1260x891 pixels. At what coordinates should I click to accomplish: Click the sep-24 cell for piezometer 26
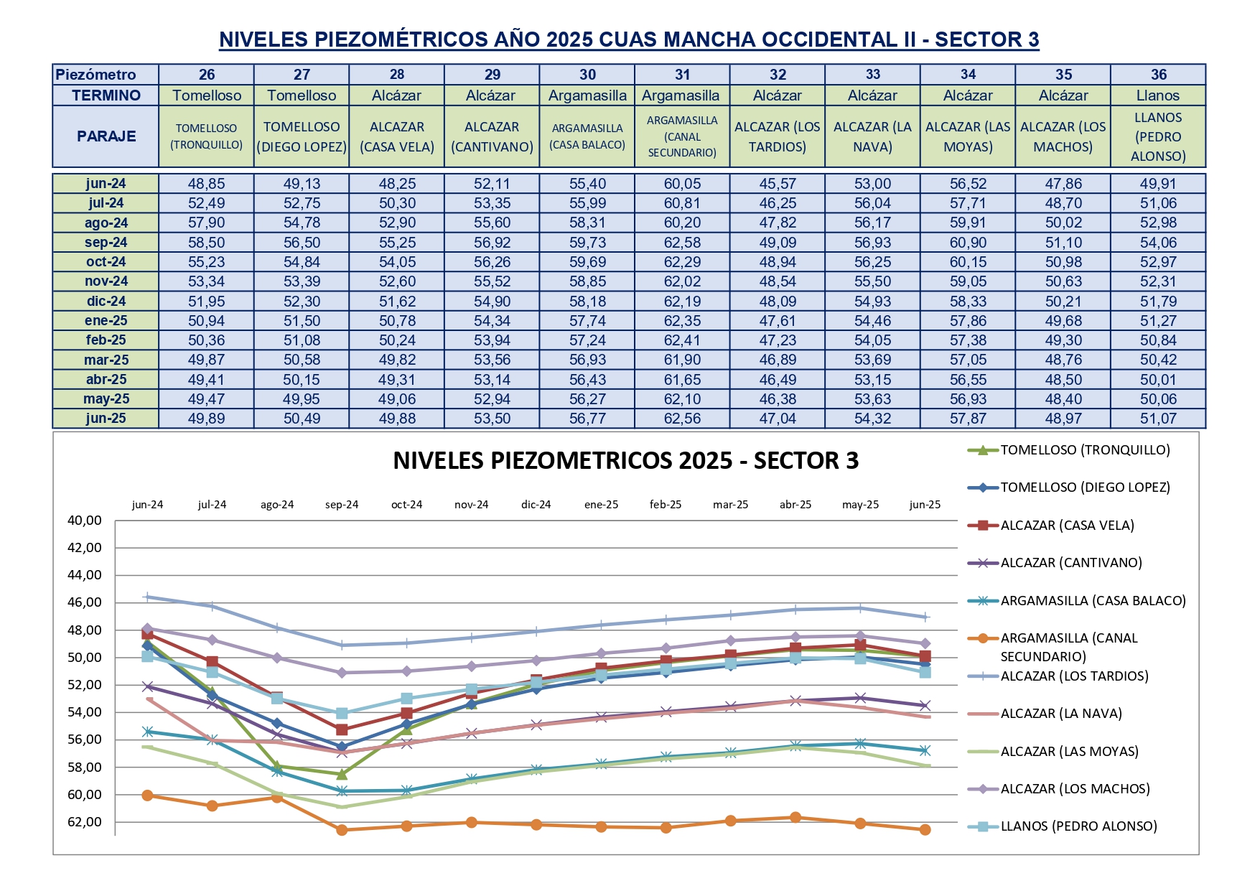point(206,243)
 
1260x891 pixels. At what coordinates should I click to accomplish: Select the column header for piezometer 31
point(682,75)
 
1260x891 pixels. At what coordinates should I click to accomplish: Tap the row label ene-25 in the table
point(106,321)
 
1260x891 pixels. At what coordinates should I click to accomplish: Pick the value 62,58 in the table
point(682,243)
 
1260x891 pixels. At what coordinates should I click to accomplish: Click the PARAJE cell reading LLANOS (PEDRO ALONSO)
point(1157,136)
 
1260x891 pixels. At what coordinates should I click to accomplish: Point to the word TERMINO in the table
point(106,95)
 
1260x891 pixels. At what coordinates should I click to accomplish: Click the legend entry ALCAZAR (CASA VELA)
point(1067,526)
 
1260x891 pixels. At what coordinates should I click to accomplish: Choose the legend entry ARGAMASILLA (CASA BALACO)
point(1093,601)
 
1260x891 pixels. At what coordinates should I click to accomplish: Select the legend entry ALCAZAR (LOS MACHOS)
point(1075,789)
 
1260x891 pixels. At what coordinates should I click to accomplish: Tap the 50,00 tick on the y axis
point(85,658)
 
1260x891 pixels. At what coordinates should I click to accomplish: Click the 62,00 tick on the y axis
point(85,822)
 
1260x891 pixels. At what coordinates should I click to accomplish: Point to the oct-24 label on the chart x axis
point(406,505)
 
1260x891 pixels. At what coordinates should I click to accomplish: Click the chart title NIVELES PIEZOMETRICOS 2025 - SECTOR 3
point(625,460)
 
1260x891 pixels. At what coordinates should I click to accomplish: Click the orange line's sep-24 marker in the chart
point(342,830)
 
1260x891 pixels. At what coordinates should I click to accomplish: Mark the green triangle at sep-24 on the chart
point(342,774)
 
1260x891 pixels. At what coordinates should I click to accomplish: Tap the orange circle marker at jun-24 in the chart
point(147,796)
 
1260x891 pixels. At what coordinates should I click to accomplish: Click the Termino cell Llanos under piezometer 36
point(1157,95)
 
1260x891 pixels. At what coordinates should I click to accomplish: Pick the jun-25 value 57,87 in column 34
point(968,419)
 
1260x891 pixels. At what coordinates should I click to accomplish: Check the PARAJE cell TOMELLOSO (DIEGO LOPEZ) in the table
point(302,136)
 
